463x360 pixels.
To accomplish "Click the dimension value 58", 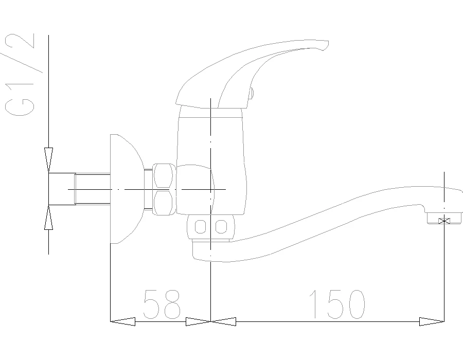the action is tap(162, 304).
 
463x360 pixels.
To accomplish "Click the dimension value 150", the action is tap(336, 304).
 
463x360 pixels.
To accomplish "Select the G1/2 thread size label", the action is tap(20, 75).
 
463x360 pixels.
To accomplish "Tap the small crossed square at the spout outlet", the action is tap(444, 221).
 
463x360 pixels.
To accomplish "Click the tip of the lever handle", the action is tap(327, 43).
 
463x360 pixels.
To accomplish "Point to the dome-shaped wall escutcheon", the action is tap(127, 189).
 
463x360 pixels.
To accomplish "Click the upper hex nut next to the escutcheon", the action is tap(163, 176).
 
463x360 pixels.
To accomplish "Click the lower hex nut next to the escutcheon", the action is tap(163, 203).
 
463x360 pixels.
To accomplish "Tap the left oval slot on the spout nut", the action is tap(200, 227).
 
